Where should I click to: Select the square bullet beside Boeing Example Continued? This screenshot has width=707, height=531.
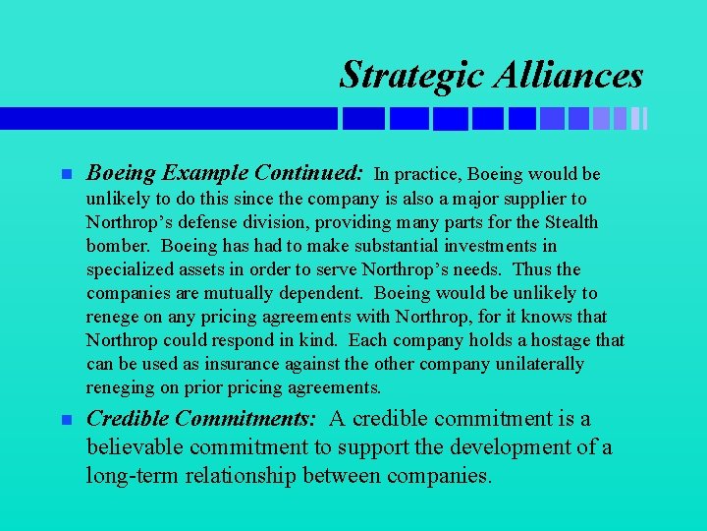[66, 175]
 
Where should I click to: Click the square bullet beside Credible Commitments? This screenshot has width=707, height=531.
[66, 420]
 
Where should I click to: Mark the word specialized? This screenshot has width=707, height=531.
[127, 269]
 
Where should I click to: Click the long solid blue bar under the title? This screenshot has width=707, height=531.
[168, 119]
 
